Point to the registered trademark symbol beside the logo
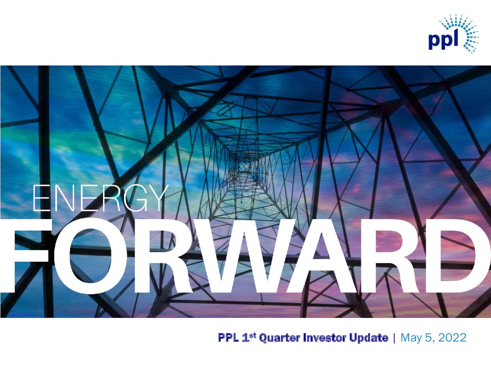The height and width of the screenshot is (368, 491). (x=474, y=51)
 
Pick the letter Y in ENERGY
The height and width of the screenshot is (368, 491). (x=157, y=199)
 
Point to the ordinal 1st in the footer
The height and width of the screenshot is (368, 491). (x=250, y=337)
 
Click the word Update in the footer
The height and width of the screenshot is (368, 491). (x=368, y=338)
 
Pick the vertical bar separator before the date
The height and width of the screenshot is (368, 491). (x=394, y=338)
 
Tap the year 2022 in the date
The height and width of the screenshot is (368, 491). (x=452, y=338)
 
